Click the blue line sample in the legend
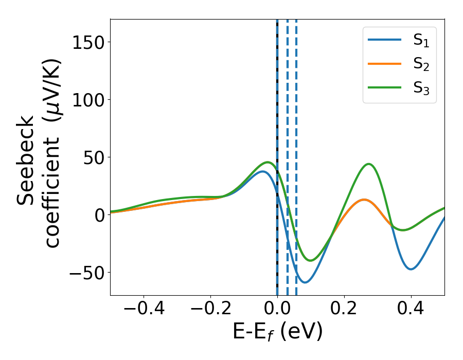[x=385, y=41]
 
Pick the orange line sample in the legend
[x=385, y=64]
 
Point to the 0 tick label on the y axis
[x=100, y=215]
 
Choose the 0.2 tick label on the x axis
[x=344, y=310]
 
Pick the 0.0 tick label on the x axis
[x=277, y=310]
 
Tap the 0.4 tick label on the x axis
[x=411, y=310]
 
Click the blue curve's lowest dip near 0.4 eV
[x=411, y=269]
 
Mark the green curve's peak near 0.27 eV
[x=368, y=164]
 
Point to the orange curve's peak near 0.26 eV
[x=364, y=200]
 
